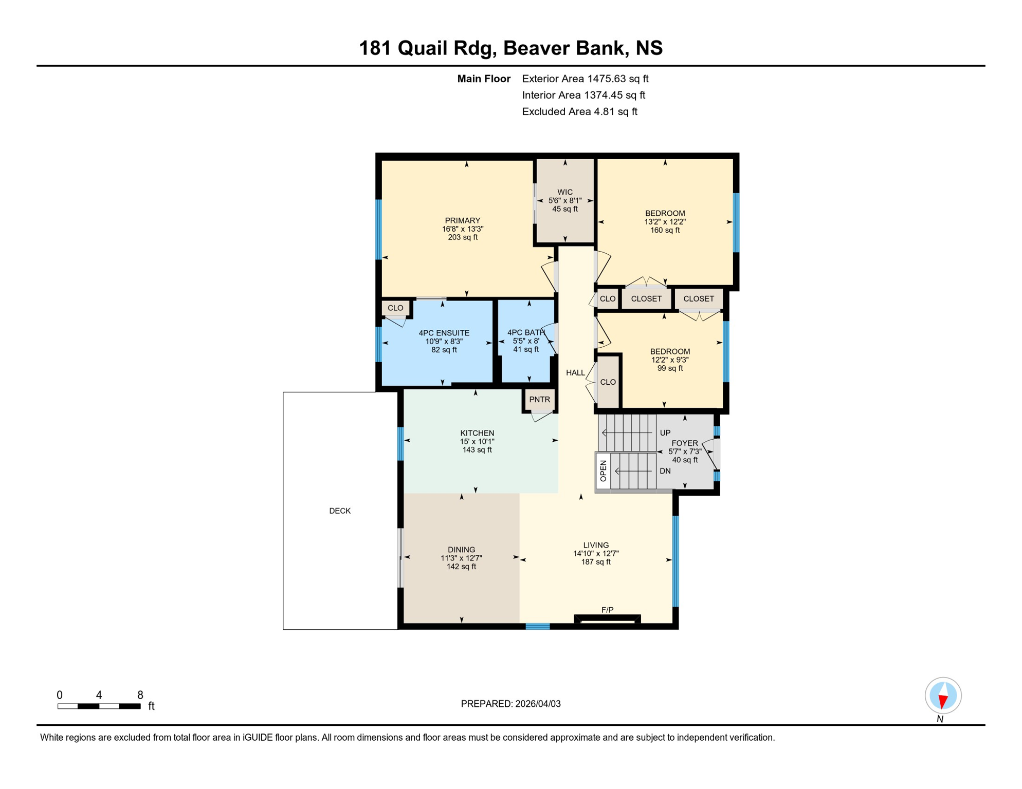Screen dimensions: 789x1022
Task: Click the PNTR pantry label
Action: point(539,400)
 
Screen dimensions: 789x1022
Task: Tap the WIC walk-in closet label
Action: point(564,192)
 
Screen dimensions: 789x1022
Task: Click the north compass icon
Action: point(943,696)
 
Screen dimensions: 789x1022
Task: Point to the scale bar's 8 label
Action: point(140,695)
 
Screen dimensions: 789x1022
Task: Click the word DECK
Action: point(340,511)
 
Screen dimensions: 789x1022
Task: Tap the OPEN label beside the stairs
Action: point(603,471)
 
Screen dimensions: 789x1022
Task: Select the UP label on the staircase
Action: point(665,433)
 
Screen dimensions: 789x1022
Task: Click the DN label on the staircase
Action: point(665,471)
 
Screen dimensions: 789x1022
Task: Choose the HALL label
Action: point(575,373)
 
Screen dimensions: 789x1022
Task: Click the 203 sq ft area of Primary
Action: point(463,237)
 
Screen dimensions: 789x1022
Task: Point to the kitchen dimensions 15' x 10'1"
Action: point(477,441)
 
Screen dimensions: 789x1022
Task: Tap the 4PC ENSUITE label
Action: point(444,333)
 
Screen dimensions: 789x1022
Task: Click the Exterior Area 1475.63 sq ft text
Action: point(585,79)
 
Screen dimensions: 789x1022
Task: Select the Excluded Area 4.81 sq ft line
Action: point(579,111)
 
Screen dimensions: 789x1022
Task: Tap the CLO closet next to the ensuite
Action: point(395,308)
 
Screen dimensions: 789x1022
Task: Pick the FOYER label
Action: point(684,443)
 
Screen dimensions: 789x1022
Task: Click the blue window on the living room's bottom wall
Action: point(538,626)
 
